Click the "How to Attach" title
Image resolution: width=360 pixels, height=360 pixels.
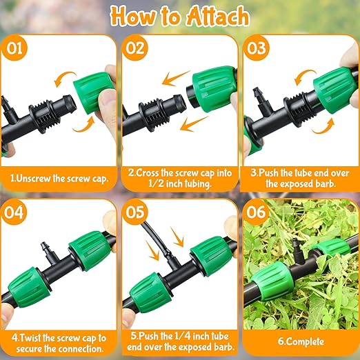[x=180, y=17]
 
